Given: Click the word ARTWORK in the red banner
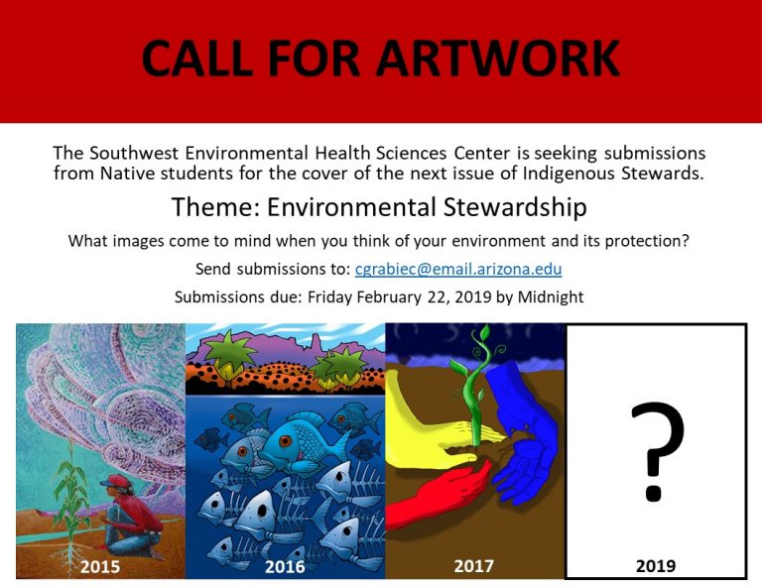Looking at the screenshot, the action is pos(498,58).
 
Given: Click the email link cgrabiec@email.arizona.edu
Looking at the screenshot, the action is pos(458,269).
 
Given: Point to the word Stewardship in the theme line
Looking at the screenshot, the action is pos(515,208).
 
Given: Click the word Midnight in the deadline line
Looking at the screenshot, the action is pos(551,296).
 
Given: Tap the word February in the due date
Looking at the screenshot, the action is pos(389,297).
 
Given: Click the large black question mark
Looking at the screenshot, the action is pos(658,451).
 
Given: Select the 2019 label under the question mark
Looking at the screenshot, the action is pos(656,565).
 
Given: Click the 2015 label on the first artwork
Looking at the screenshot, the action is pos(100,566).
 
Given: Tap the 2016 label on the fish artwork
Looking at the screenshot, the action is pos(286,566).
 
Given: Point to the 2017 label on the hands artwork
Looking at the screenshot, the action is pos(474,566).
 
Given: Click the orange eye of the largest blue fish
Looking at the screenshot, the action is pos(285,441).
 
